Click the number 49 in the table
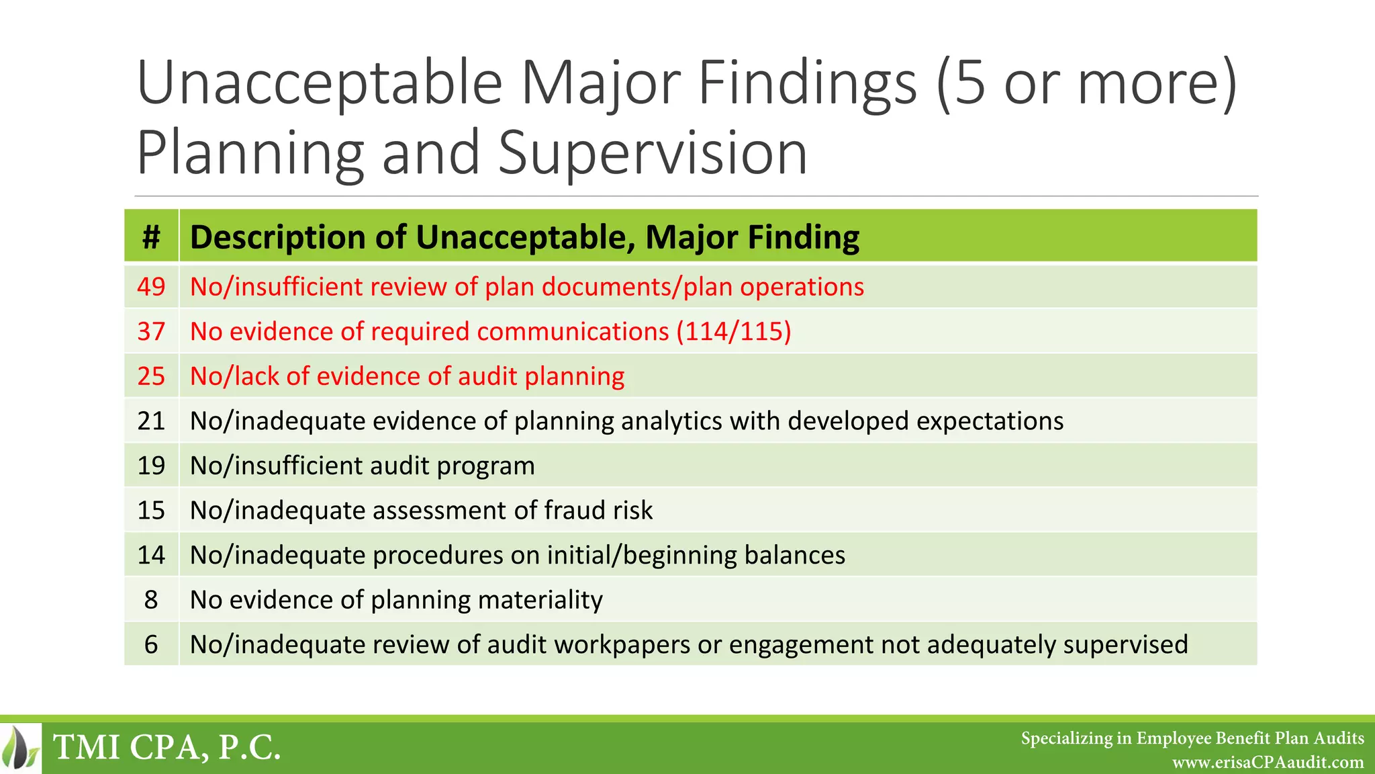[x=151, y=287]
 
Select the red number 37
[x=151, y=332]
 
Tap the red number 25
[x=151, y=376]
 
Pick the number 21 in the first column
[x=151, y=421]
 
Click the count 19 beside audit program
[x=151, y=466]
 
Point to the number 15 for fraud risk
[x=151, y=511]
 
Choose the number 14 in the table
[x=151, y=555]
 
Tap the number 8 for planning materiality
[x=151, y=600]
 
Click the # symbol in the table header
[x=151, y=237]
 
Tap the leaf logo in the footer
[x=20, y=747]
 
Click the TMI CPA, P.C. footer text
[x=167, y=747]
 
